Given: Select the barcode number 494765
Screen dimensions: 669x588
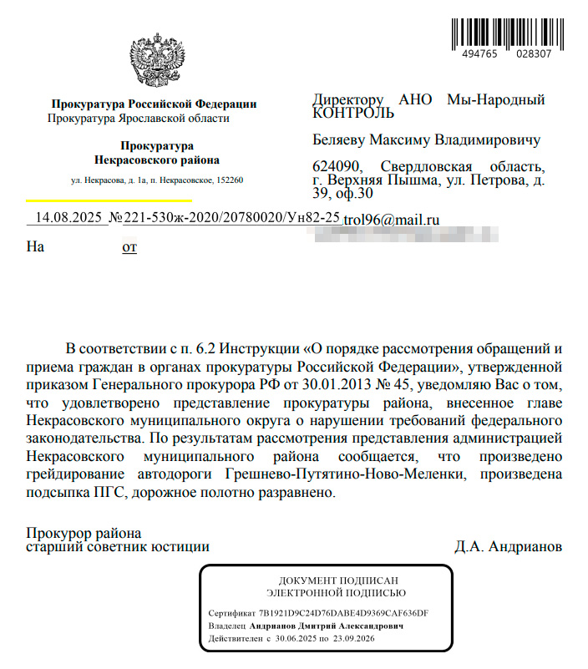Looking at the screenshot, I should (479, 53).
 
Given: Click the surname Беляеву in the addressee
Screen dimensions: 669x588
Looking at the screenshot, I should (341, 139).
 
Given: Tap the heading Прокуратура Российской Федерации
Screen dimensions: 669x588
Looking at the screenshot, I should (155, 104).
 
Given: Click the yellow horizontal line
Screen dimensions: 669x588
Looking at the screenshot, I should (109, 200).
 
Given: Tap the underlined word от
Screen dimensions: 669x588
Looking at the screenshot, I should (129, 247).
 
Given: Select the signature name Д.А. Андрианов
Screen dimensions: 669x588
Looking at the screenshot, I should (508, 548).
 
